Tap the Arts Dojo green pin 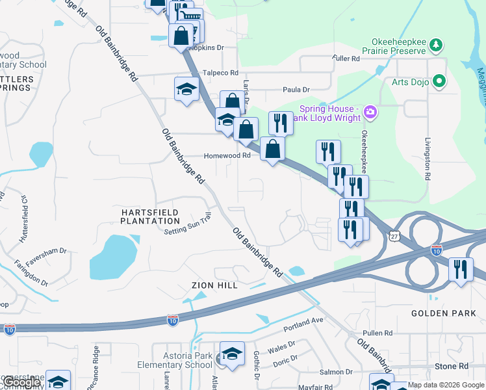click(x=439, y=81)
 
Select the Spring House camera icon click(x=370, y=112)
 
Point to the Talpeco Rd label click(x=220, y=73)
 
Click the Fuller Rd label click(x=346, y=58)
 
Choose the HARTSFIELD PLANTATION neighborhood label click(x=149, y=216)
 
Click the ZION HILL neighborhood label click(x=214, y=285)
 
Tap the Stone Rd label click(x=451, y=367)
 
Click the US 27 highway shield click(x=394, y=235)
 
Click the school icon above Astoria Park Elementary click(x=232, y=354)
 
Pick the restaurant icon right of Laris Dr click(x=281, y=122)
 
